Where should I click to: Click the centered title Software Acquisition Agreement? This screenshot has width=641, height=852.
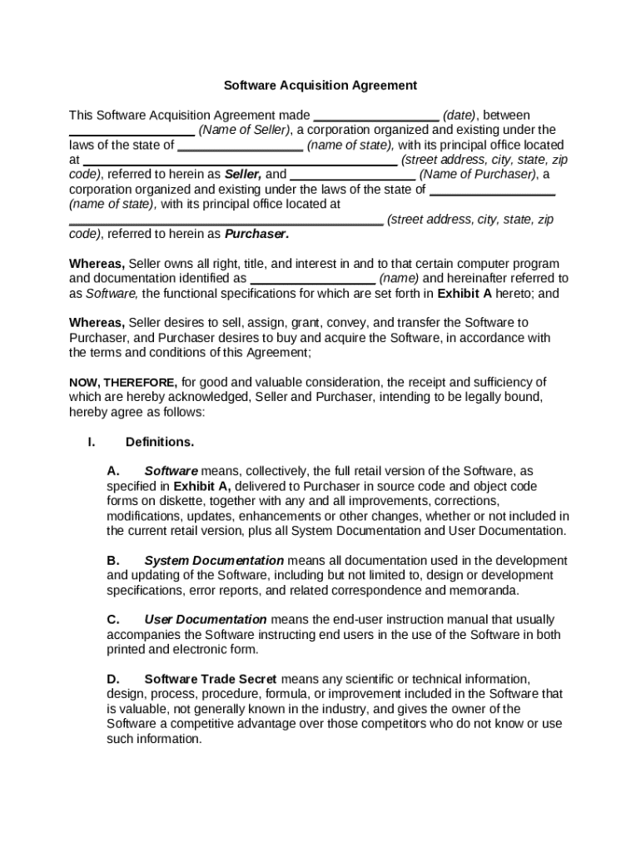pos(320,85)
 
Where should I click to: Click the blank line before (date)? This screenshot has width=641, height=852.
pos(376,116)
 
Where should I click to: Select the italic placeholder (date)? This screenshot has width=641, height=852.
pos(459,115)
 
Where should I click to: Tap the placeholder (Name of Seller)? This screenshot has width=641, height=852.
pos(245,130)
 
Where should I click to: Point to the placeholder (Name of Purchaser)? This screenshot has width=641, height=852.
pos(478,175)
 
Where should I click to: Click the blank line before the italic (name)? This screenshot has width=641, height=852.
pos(313,279)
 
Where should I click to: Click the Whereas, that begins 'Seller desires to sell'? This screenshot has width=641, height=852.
pos(97,323)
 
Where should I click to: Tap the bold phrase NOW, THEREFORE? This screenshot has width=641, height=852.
pos(122,383)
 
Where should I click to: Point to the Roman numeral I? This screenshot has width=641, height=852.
pos(91,442)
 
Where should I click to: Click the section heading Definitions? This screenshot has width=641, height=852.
pos(160,442)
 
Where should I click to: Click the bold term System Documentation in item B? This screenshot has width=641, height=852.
pos(214,561)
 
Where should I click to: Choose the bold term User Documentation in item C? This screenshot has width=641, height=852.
pos(206,620)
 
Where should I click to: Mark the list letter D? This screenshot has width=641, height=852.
pos(114,679)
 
